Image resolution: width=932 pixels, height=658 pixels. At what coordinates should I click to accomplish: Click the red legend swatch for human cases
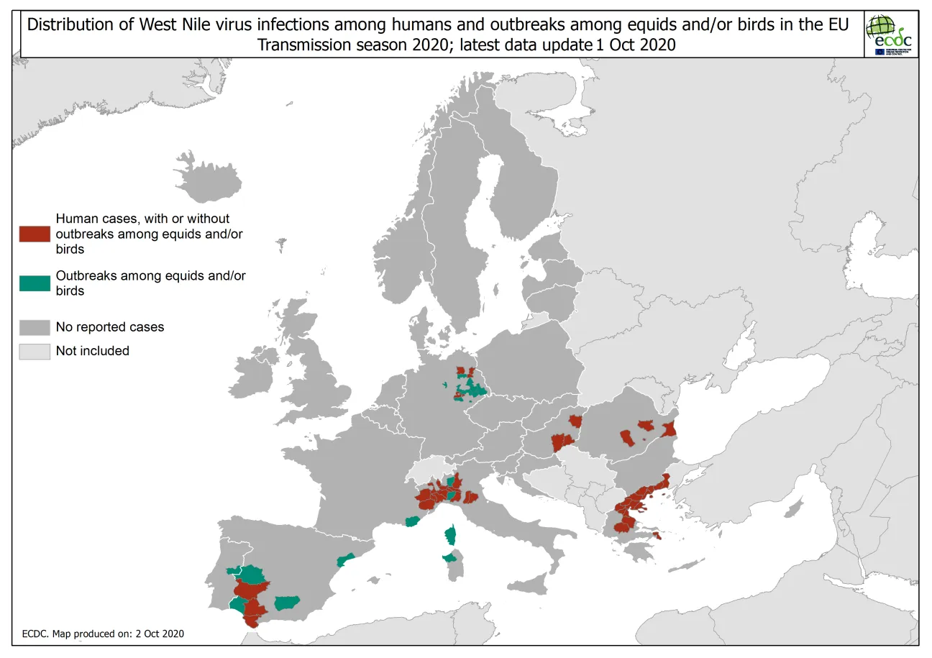(35, 234)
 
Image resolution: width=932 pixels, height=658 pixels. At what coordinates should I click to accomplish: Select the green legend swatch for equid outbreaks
(35, 283)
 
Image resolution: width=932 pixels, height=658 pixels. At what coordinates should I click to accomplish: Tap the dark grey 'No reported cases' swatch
(35, 327)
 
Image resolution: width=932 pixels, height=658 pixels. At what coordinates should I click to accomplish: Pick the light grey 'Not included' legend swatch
(35, 351)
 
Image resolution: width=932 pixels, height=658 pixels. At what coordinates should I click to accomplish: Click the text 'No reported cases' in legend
(110, 327)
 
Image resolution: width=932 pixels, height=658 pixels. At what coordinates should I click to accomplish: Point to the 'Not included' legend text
(93, 351)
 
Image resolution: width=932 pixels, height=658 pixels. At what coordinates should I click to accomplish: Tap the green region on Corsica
(451, 535)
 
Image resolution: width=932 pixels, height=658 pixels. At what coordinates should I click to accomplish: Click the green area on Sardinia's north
(449, 558)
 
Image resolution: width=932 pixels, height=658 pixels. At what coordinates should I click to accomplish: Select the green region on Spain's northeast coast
(346, 559)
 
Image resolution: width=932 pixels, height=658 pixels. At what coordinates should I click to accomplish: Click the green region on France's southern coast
(412, 521)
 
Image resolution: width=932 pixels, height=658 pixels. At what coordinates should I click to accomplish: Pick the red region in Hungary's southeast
(562, 442)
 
